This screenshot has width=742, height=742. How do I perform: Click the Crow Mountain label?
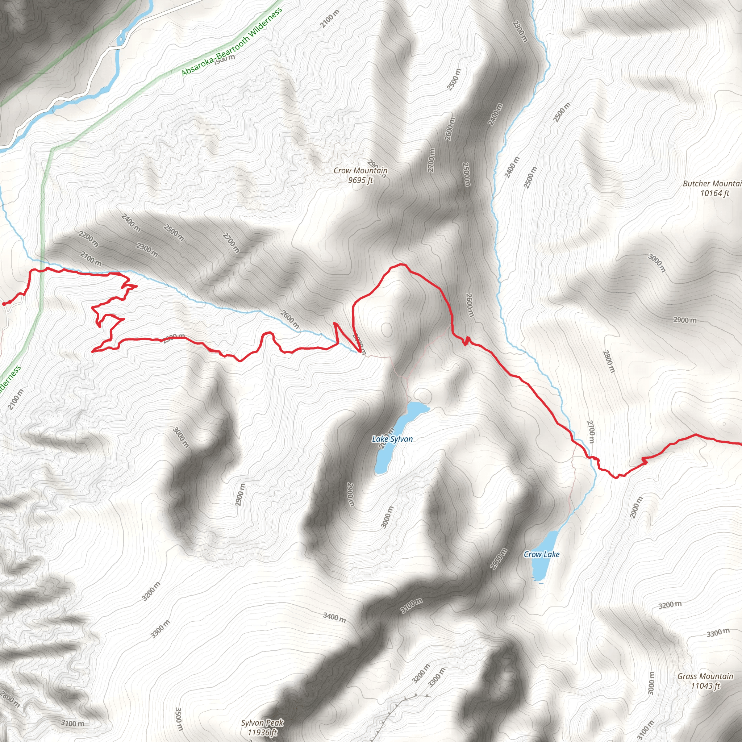[360, 171]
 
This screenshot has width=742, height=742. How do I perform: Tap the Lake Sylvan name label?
[392, 439]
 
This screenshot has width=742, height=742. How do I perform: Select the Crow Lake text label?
[542, 554]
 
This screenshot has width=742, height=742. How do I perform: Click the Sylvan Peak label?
[262, 723]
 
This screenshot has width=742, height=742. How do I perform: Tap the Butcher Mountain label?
[712, 184]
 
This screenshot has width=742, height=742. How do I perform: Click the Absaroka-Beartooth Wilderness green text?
[232, 42]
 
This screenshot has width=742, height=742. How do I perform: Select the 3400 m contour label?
[334, 617]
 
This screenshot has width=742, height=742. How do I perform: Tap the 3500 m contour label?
[179, 719]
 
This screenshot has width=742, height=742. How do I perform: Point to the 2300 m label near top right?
[520, 31]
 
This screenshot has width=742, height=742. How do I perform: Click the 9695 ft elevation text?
[360, 180]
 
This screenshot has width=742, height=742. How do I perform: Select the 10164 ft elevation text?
[714, 193]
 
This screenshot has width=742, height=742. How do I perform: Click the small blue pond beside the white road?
[121, 38]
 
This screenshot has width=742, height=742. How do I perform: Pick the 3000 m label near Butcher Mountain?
[656, 263]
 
